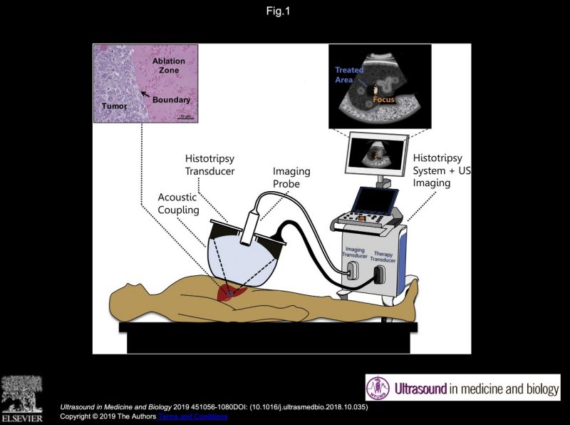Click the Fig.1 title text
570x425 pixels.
click(284, 11)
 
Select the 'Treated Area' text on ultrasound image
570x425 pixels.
click(349, 75)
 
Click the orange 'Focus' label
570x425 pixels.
click(383, 99)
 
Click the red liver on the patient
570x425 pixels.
click(232, 291)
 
